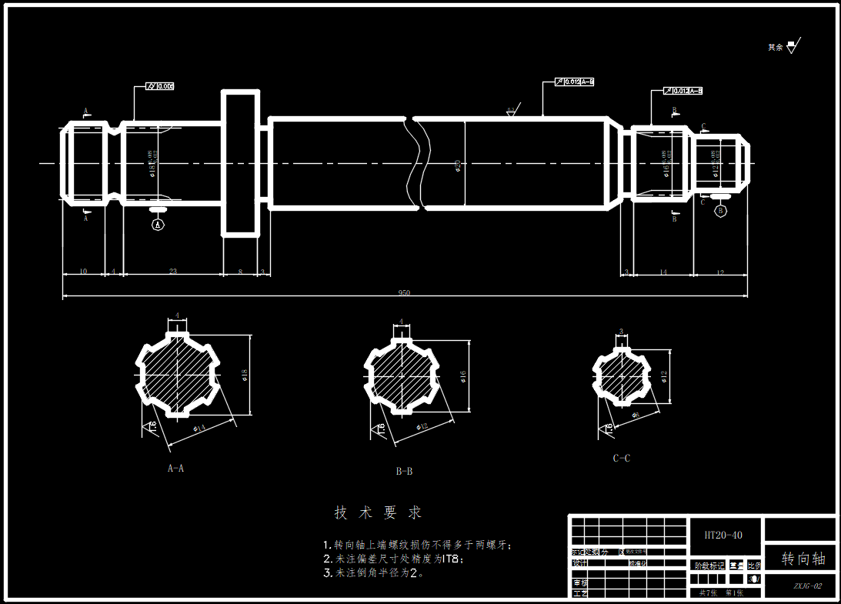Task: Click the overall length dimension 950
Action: pyautogui.click(x=404, y=292)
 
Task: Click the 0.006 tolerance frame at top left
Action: pyautogui.click(x=165, y=86)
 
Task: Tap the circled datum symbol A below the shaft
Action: pyautogui.click(x=158, y=225)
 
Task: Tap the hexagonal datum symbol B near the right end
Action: pyautogui.click(x=720, y=211)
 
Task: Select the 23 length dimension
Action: pyautogui.click(x=172, y=272)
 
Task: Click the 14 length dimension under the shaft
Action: pyautogui.click(x=663, y=272)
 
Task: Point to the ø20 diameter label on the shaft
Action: pyautogui.click(x=459, y=165)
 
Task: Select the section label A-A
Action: pyautogui.click(x=175, y=468)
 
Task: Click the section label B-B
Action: pyautogui.click(x=404, y=471)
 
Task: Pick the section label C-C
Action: pyautogui.click(x=621, y=459)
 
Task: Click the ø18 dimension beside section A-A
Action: pyautogui.click(x=244, y=375)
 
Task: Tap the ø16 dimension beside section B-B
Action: pyautogui.click(x=463, y=375)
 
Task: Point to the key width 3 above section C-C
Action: pyautogui.click(x=621, y=332)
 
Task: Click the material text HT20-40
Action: pyautogui.click(x=723, y=534)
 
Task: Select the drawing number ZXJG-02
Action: pyautogui.click(x=808, y=586)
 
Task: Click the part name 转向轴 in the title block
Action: pyautogui.click(x=803, y=559)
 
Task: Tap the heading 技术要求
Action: pyautogui.click(x=378, y=512)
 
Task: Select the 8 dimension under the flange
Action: pyautogui.click(x=240, y=272)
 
